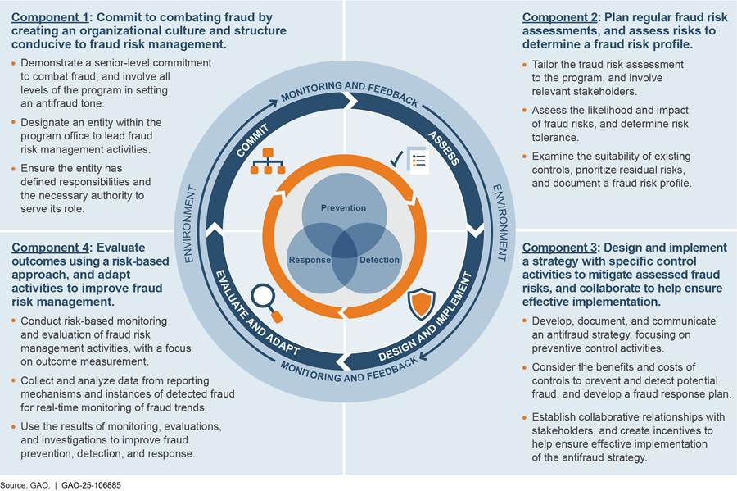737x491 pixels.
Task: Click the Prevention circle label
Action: [x=343, y=208]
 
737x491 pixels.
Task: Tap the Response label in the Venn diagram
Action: [x=310, y=260]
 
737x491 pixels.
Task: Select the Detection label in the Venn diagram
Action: [x=379, y=260]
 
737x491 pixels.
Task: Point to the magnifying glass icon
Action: [x=267, y=301]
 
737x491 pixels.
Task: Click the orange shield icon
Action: [x=420, y=302]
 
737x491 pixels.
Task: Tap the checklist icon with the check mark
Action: [x=409, y=159]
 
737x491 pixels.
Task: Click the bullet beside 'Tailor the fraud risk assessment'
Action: [x=524, y=64]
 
